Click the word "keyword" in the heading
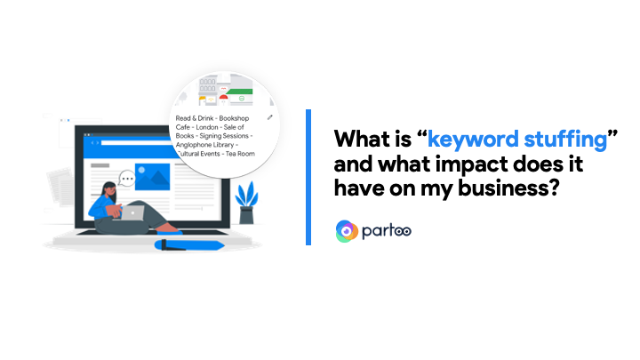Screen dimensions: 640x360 pyautogui.click(x=473, y=140)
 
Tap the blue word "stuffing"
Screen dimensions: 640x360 pyautogui.click(x=565, y=139)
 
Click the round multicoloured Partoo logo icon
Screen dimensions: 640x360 pyautogui.click(x=347, y=231)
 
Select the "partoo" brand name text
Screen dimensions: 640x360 pyautogui.click(x=387, y=231)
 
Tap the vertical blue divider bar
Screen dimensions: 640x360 pyautogui.click(x=308, y=177)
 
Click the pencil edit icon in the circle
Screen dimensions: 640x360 pyautogui.click(x=270, y=117)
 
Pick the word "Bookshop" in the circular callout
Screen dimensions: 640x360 pyautogui.click(x=234, y=118)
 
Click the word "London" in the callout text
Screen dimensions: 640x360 pyautogui.click(x=207, y=127)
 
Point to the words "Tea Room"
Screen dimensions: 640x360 pyautogui.click(x=240, y=154)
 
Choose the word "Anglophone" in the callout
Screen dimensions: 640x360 pyautogui.click(x=194, y=145)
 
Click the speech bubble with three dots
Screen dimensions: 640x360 pyautogui.click(x=127, y=179)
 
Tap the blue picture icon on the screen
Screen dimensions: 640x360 pyautogui.click(x=152, y=177)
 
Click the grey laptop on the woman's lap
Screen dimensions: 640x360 pyautogui.click(x=132, y=212)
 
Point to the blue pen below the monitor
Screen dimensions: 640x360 pyautogui.click(x=189, y=245)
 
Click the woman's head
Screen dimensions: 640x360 pyautogui.click(x=109, y=191)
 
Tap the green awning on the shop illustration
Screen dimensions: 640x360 pyautogui.click(x=240, y=92)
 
